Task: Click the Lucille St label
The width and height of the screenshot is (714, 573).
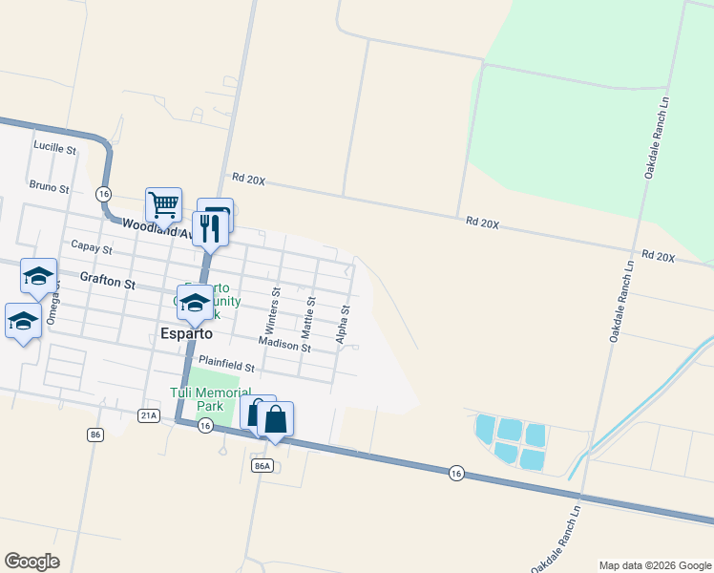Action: point(54,148)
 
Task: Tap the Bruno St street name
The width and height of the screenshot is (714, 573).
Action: point(49,188)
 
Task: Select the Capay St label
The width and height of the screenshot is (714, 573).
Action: point(92,248)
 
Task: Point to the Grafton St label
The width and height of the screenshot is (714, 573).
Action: point(107,284)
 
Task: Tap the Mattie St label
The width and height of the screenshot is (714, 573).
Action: point(309,316)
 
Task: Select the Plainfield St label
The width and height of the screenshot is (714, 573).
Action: point(227,367)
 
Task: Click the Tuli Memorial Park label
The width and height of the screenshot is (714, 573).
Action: point(210,399)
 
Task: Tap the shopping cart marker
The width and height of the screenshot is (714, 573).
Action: point(163,204)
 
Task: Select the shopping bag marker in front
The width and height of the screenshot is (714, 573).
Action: point(275,419)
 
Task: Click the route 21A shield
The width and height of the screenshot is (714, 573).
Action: point(148,415)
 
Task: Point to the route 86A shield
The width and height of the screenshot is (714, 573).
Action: point(263,465)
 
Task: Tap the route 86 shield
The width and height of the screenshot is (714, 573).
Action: point(94,435)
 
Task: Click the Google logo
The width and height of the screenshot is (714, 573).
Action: point(31,562)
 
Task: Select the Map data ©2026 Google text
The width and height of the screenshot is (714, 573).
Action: point(654,565)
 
